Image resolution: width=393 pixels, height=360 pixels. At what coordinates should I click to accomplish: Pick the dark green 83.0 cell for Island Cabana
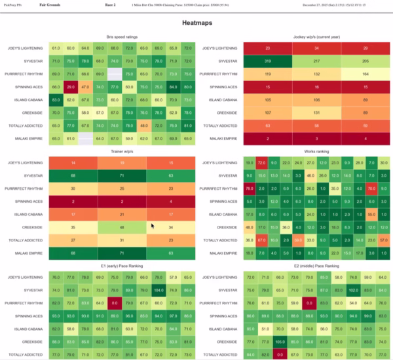tap(56, 99)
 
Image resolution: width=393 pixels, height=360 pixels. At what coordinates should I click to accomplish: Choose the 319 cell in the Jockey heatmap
tap(268, 61)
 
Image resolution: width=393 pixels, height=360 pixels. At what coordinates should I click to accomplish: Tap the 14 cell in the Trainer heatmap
tap(72, 162)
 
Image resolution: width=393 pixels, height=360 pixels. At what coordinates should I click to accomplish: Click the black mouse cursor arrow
tap(153, 226)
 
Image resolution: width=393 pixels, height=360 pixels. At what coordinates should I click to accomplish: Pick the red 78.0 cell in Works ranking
tap(250, 187)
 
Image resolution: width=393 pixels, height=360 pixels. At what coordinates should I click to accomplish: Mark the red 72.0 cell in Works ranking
tap(261, 162)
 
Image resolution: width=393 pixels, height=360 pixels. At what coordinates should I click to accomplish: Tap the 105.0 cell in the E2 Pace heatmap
tap(279, 341)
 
